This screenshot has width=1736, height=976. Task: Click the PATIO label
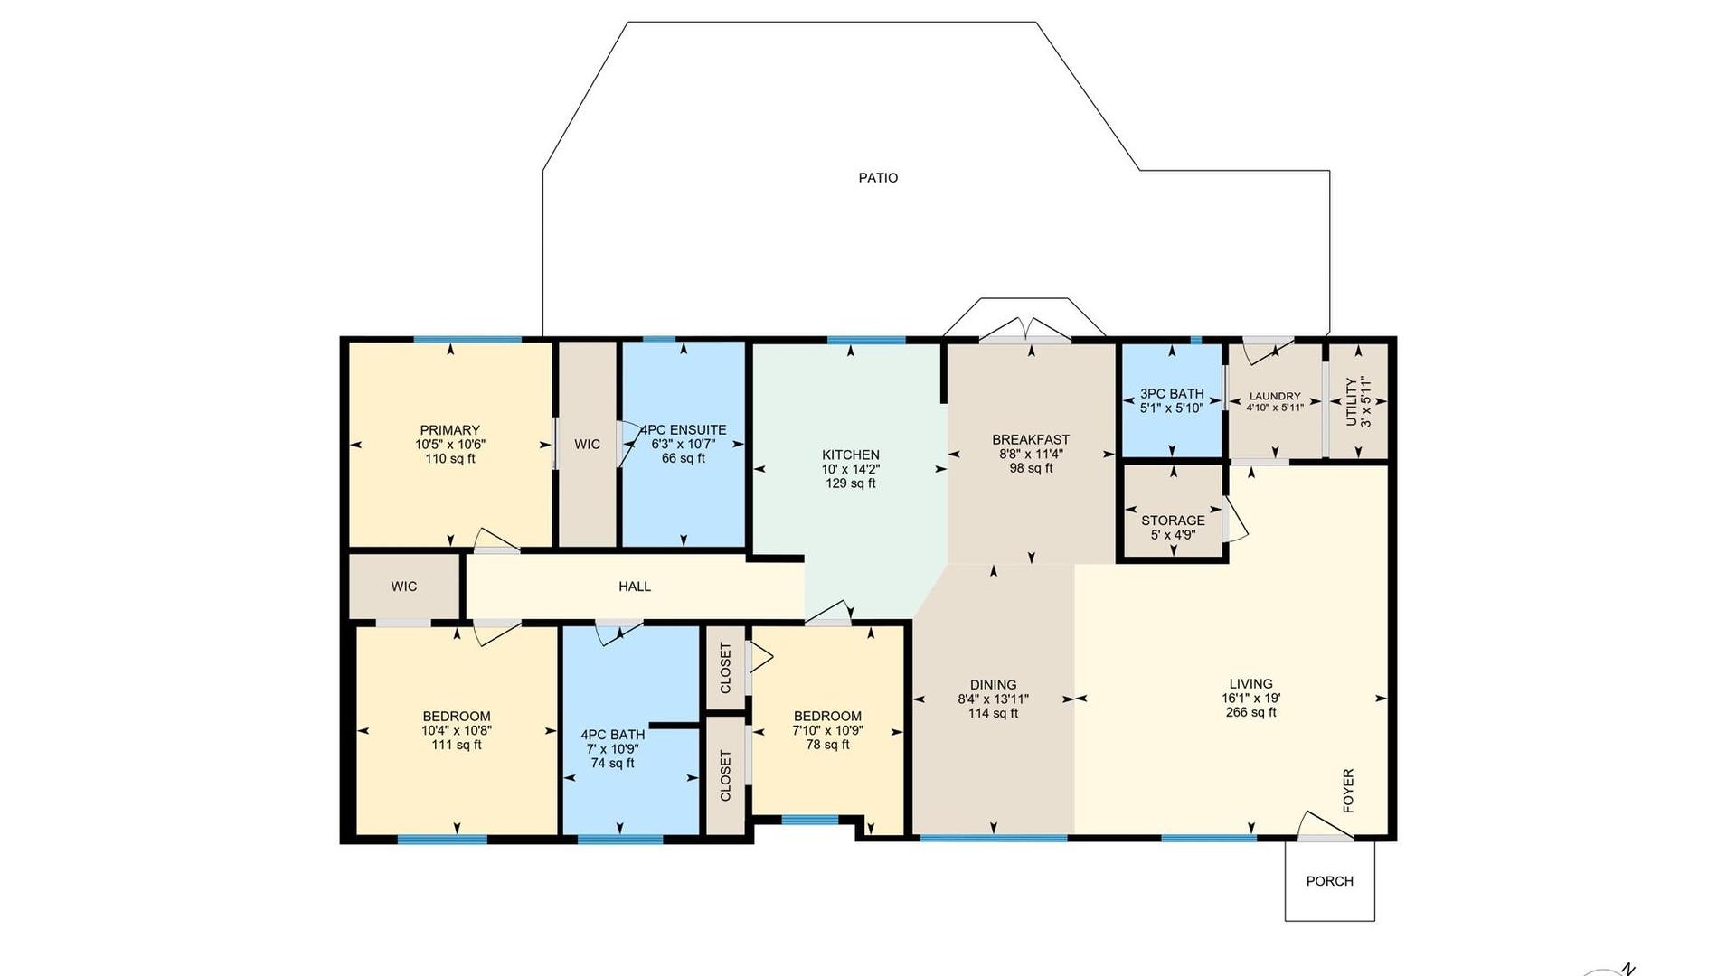tap(878, 178)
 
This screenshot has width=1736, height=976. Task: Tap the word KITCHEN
tap(850, 455)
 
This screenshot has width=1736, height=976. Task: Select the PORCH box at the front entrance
tap(1330, 881)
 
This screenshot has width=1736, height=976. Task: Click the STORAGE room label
tap(1173, 521)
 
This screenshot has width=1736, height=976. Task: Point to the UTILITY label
tap(1352, 402)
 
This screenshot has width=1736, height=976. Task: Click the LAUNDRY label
tap(1275, 396)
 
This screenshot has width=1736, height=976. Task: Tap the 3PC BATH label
tap(1172, 394)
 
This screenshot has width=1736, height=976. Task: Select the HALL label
tap(635, 587)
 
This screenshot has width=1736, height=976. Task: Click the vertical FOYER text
tap(1348, 791)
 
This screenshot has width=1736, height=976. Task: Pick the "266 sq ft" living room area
tap(1250, 712)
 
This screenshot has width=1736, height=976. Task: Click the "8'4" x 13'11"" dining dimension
tap(993, 699)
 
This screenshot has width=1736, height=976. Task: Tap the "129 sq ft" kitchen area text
tap(850, 483)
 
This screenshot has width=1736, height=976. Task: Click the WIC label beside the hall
tap(404, 587)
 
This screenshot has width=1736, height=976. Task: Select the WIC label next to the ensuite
tap(588, 444)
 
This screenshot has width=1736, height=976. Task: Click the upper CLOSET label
tap(725, 668)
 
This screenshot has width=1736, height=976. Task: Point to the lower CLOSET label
tap(725, 775)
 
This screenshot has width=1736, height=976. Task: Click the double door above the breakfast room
tap(1025, 331)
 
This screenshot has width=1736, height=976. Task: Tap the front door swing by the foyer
tap(1326, 827)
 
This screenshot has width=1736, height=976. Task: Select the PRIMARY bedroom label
tap(449, 430)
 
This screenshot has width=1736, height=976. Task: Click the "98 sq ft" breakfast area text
tap(1031, 468)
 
